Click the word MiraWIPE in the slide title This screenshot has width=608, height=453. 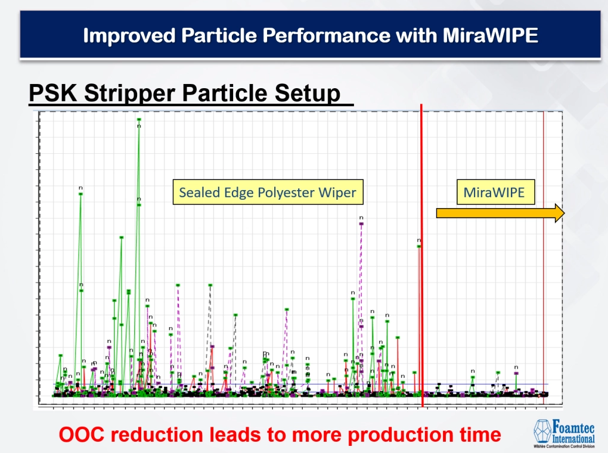[490, 35]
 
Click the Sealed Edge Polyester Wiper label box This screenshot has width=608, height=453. [268, 192]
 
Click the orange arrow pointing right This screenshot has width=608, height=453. [500, 213]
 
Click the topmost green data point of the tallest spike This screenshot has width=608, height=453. [139, 119]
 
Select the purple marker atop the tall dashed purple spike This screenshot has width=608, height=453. [361, 224]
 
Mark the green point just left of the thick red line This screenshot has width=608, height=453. [419, 246]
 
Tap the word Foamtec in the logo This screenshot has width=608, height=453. [571, 426]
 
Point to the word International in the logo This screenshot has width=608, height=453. [571, 438]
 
